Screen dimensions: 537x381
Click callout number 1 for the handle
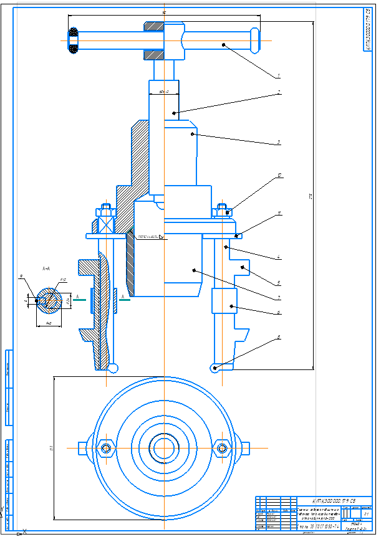pos(279,75)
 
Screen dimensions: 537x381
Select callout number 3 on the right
pos(279,143)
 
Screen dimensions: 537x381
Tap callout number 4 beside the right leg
pos(279,257)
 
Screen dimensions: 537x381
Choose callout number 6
pos(279,312)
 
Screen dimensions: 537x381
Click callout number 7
pos(279,297)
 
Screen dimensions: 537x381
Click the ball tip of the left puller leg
pos(113,368)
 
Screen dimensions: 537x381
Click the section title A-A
pos(46,268)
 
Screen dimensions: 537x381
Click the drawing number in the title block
pos(334,500)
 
